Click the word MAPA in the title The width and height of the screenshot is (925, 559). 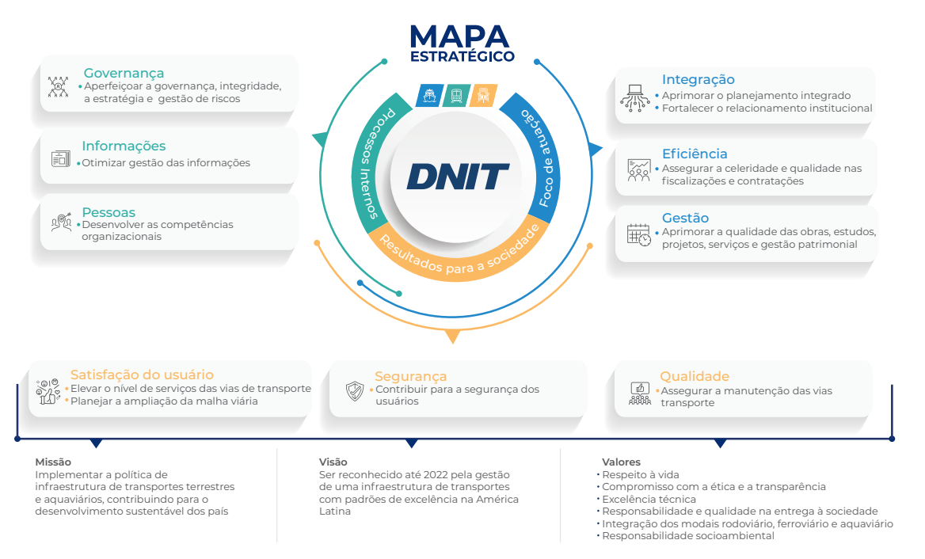(459, 36)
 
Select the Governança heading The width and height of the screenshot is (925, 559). (124, 74)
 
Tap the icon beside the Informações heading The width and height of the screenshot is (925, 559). (61, 158)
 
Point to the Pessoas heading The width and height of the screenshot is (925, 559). (108, 212)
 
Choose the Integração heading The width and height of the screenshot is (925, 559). (698, 79)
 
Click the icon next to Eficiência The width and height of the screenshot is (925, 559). (638, 169)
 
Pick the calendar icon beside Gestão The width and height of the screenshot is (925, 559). (638, 234)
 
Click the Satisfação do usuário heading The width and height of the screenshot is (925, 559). (142, 375)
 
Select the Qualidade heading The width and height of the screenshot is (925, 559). (695, 376)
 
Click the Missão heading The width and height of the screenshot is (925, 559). (53, 462)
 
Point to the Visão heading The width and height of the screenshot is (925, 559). (333, 462)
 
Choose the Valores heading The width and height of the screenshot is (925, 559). (621, 462)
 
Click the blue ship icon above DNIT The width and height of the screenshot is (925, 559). (429, 96)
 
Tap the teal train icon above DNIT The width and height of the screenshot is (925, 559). (457, 96)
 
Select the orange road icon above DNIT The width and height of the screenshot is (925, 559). (483, 96)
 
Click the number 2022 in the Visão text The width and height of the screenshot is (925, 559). (415, 474)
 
